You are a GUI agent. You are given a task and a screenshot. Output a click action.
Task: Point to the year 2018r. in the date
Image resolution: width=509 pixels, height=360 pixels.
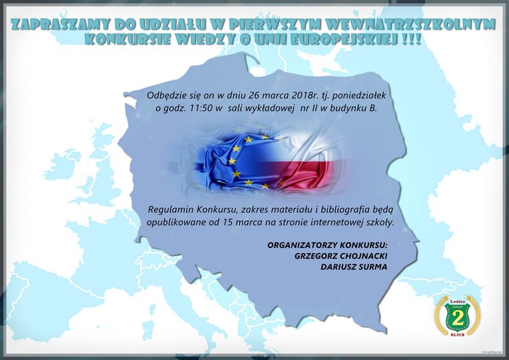pos(305,95)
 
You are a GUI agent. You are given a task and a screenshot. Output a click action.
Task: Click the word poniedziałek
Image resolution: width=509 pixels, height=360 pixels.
pos(359,96)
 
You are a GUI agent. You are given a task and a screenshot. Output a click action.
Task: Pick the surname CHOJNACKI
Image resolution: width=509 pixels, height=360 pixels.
pos(363,256)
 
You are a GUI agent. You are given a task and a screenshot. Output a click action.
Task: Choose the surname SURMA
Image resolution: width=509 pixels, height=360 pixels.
pos(372,267)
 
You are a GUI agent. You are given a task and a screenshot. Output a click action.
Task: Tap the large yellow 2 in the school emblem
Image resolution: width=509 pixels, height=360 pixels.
pos(457,317)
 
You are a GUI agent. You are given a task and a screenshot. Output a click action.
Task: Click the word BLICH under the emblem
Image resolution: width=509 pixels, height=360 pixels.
pos(457,335)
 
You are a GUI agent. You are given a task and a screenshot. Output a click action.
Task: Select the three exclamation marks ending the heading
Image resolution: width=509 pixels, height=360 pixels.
pos(411,39)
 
